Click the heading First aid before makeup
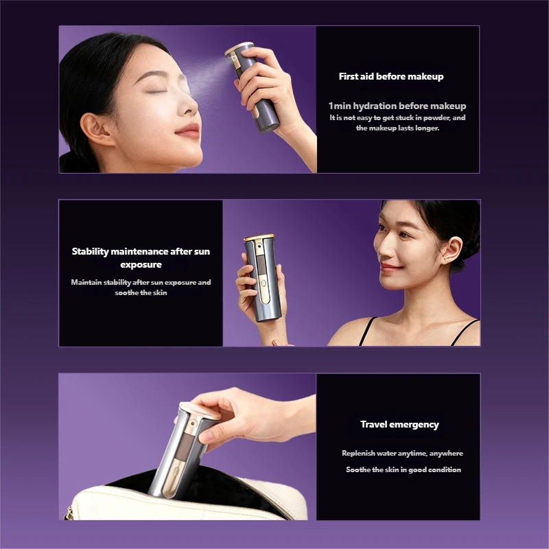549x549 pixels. pyautogui.click(x=391, y=76)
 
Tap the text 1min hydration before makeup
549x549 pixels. pyautogui.click(x=397, y=106)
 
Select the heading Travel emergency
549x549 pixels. pyautogui.click(x=399, y=424)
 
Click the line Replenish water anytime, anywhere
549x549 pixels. pyautogui.click(x=402, y=453)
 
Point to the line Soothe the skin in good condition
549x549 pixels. pyautogui.click(x=403, y=469)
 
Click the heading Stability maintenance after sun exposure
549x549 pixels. pyautogui.click(x=141, y=257)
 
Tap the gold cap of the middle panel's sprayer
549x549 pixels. pyautogui.click(x=259, y=238)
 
